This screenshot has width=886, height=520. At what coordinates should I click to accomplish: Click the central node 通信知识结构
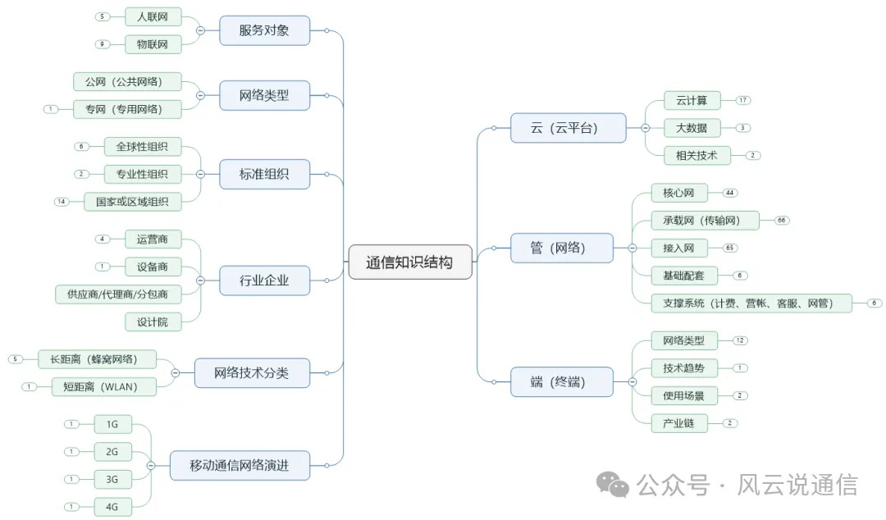409,262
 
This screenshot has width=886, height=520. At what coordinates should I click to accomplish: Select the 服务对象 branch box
264,31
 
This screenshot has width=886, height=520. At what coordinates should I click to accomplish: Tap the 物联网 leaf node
153,44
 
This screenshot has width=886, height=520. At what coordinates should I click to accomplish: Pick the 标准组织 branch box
264,174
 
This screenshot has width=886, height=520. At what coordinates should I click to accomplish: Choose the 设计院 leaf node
153,322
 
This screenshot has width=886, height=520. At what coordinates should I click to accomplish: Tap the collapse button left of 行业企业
200,281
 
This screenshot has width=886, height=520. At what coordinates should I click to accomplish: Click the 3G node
112,479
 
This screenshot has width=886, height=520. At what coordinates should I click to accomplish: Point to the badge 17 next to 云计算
743,100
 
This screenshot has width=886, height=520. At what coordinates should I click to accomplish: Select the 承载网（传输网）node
696,220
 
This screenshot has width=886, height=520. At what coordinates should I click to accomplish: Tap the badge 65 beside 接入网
729,248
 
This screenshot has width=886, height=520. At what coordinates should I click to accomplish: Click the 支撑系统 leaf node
747,303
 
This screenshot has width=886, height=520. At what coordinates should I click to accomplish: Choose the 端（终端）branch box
561,381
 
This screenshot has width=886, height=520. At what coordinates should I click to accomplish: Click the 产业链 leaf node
678,423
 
